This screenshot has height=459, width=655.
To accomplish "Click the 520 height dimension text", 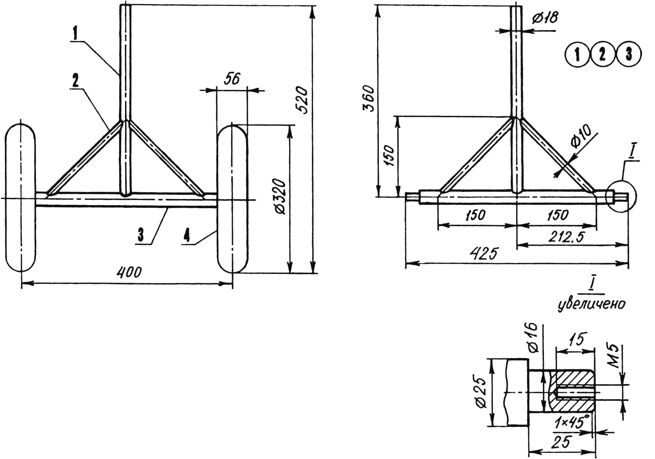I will (x=301, y=100).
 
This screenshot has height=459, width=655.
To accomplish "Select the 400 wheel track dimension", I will (x=129, y=272).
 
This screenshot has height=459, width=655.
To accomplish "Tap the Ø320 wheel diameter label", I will (x=279, y=197).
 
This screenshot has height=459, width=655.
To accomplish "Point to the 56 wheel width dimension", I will (x=232, y=79).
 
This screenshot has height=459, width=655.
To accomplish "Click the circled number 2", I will (x=603, y=54).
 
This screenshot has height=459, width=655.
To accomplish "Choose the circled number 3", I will (x=629, y=54).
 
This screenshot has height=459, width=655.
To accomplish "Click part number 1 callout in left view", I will (x=76, y=33).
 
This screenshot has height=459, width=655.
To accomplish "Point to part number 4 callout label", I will (x=187, y=235).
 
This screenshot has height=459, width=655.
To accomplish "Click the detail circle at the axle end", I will (x=621, y=196).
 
